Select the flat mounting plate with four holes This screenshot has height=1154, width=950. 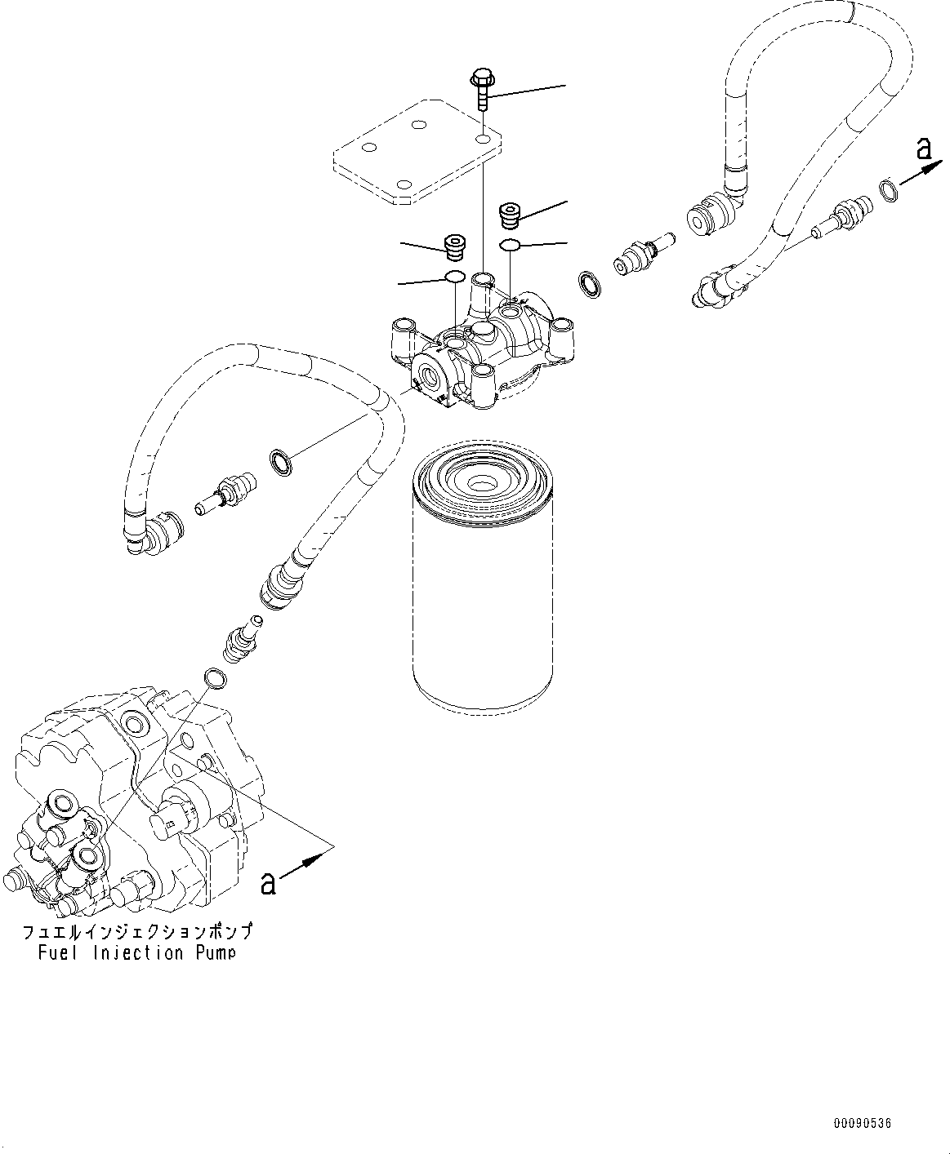click(x=417, y=151)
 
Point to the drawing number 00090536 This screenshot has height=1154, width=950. click(x=863, y=1124)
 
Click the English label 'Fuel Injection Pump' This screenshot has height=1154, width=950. click(x=136, y=952)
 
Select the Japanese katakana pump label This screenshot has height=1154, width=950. click(x=136, y=931)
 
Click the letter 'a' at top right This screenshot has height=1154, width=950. click(x=924, y=149)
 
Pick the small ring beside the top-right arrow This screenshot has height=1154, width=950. click(x=890, y=191)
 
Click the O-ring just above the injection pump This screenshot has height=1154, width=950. click(x=214, y=677)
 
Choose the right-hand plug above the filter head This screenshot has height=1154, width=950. click(x=511, y=216)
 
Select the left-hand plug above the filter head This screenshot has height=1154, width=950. click(x=453, y=246)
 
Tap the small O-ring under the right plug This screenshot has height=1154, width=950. click(x=510, y=246)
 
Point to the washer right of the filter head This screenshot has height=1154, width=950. click(x=587, y=283)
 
